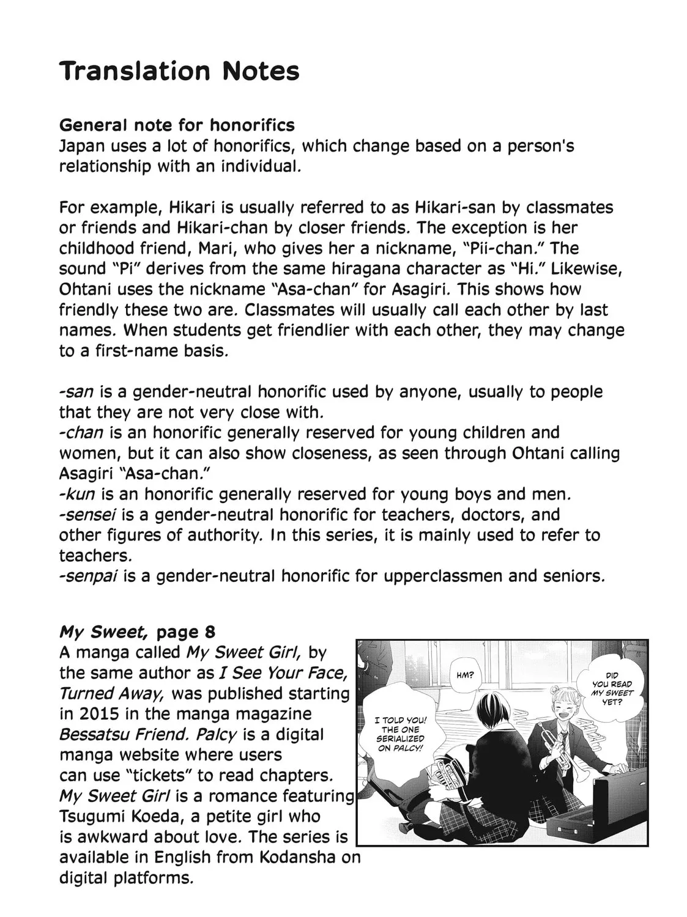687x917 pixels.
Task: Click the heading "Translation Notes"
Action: click(x=179, y=72)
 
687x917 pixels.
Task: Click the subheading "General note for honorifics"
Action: click(x=177, y=125)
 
